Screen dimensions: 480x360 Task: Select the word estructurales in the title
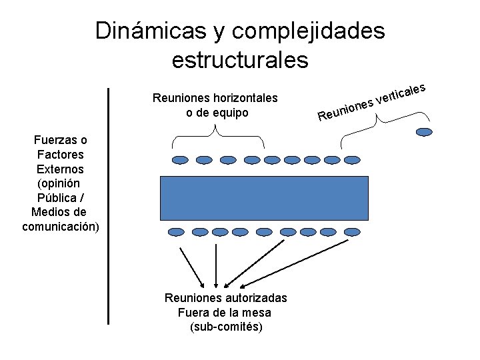(x=240, y=60)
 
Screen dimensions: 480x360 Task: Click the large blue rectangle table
(x=265, y=197)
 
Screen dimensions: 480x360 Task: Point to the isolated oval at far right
(x=424, y=132)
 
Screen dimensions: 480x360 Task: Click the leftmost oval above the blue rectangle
(x=181, y=160)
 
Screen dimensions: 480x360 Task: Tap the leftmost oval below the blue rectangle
(x=175, y=232)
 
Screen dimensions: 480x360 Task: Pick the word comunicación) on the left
(x=60, y=227)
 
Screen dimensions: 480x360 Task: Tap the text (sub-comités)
(x=226, y=327)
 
